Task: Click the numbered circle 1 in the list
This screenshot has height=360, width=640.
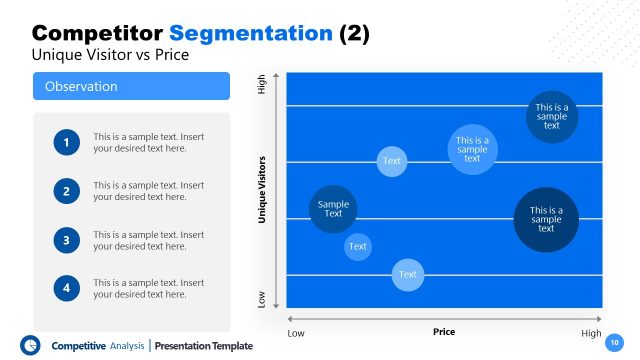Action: pyautogui.click(x=67, y=143)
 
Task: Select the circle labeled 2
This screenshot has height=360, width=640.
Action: pyautogui.click(x=67, y=191)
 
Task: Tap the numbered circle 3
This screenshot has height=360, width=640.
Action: pyautogui.click(x=67, y=240)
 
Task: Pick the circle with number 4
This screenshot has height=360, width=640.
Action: pyautogui.click(x=67, y=288)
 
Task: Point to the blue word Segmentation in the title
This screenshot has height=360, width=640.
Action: pyautogui.click(x=264, y=33)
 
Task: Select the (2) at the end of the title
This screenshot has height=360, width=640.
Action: pyautogui.click(x=354, y=33)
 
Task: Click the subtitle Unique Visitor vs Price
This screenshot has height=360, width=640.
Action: pyautogui.click(x=110, y=56)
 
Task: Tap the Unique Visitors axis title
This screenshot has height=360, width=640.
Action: pyautogui.click(x=262, y=188)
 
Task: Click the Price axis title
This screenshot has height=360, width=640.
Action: pyautogui.click(x=444, y=331)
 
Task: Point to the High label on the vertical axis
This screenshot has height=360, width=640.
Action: pyautogui.click(x=262, y=86)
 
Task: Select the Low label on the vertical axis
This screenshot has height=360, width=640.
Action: pyautogui.click(x=262, y=299)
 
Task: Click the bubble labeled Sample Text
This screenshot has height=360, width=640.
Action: pyautogui.click(x=333, y=209)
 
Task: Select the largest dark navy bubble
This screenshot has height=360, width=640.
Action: pyautogui.click(x=546, y=220)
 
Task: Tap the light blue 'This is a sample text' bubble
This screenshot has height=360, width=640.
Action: pyautogui.click(x=472, y=150)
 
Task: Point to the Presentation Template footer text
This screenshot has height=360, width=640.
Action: pyautogui.click(x=204, y=346)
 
